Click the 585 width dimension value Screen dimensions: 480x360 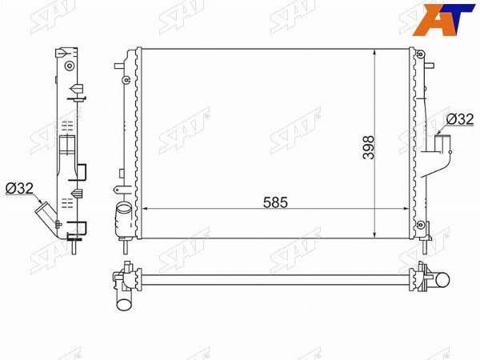tap(275, 202)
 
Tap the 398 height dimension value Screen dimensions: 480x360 tap(369, 147)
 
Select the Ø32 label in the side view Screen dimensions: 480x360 tap(19, 188)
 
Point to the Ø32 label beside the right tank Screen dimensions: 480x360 tap(460, 119)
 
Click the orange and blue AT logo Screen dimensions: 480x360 tap(443, 19)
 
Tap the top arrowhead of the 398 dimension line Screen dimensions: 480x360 tap(374, 53)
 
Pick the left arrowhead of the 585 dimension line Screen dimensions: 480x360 tap(146, 209)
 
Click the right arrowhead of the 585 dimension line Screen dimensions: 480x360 tap(405, 209)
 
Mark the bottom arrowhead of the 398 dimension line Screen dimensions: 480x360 tap(374, 234)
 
